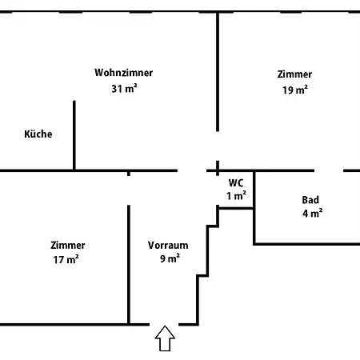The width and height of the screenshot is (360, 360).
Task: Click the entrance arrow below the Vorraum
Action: point(165,338)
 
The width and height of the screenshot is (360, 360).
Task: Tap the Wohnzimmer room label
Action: point(124,73)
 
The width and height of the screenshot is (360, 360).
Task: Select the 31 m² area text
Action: point(124,88)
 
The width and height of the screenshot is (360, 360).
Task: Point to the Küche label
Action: point(38,134)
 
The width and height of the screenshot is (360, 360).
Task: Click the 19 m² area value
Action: point(295,90)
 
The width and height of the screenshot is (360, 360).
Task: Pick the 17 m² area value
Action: point(66,259)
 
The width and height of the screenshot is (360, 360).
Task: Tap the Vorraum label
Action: point(168,246)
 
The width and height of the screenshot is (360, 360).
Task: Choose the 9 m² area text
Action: point(170,258)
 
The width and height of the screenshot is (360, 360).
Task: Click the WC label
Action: point(236,183)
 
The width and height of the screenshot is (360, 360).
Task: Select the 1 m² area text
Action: point(236,196)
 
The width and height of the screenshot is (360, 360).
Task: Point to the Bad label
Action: point(310,200)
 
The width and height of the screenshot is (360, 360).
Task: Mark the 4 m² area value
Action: point(313,214)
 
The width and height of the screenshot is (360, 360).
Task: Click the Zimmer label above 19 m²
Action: point(294,74)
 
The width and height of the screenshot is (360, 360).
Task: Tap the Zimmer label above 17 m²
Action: point(68,246)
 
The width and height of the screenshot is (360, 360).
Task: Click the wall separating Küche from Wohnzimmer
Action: point(74,135)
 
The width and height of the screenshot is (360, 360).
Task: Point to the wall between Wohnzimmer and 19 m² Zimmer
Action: point(218,72)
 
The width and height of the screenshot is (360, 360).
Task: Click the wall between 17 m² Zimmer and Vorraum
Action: point(129,265)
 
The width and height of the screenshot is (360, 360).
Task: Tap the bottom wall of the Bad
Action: point(306,244)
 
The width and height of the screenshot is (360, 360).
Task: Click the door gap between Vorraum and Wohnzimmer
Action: point(192,170)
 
